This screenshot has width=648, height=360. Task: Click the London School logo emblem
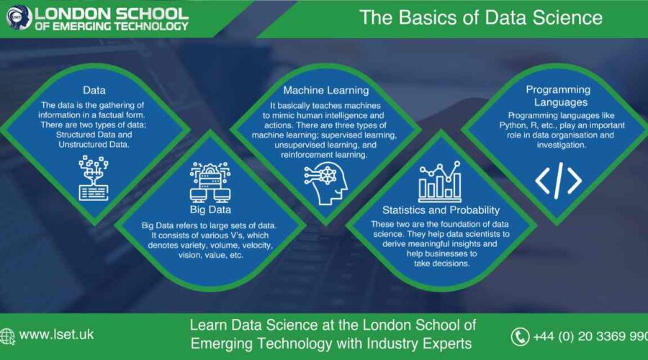pyautogui.click(x=15, y=18)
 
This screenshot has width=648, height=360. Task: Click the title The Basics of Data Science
pyautogui.click(x=480, y=17)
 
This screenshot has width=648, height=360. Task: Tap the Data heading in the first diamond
pyautogui.click(x=94, y=90)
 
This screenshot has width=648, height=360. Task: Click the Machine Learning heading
pyautogui.click(x=325, y=90)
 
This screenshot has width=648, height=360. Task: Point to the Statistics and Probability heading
pyautogui.click(x=441, y=210)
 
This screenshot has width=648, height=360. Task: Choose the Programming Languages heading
pyautogui.click(x=558, y=96)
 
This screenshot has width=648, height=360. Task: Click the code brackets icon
pyautogui.click(x=558, y=180)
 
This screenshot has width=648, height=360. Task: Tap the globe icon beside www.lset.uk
pyautogui.click(x=8, y=336)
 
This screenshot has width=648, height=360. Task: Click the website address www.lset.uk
pyautogui.click(x=56, y=335)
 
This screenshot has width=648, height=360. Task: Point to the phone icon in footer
pyautogui.click(x=520, y=336)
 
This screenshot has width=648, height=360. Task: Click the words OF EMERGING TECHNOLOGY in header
pyautogui.click(x=112, y=26)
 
